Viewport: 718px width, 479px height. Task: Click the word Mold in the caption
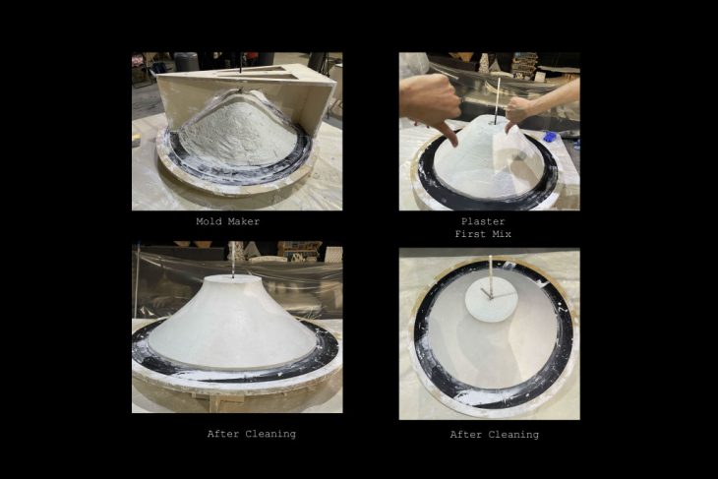207,221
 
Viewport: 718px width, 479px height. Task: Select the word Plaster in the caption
483,221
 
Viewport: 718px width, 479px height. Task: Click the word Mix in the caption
502,234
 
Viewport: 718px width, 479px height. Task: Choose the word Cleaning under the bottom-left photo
270,434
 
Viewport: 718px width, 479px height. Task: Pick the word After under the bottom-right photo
465,435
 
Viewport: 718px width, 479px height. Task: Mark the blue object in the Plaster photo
551,136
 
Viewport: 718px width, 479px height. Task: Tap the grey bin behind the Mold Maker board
186,61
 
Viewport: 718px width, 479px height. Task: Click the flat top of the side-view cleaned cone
233,278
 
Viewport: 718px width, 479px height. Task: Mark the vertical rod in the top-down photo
491,276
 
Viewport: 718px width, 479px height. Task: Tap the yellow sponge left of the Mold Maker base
136,140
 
